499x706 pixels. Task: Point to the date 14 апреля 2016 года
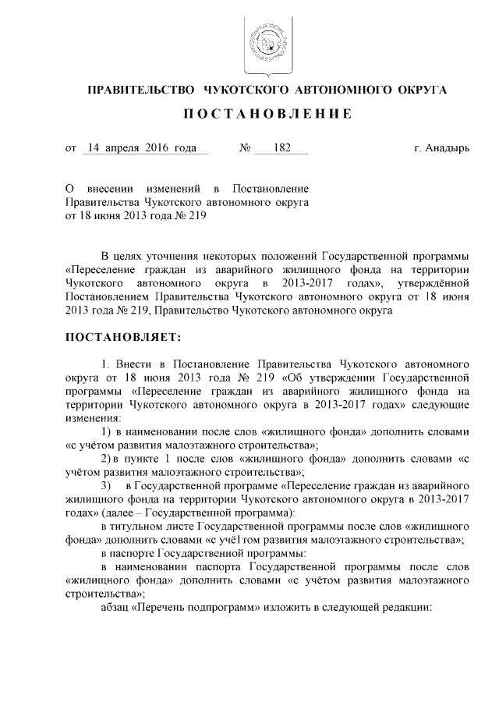click(x=143, y=147)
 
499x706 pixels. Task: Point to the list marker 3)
click(x=108, y=486)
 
